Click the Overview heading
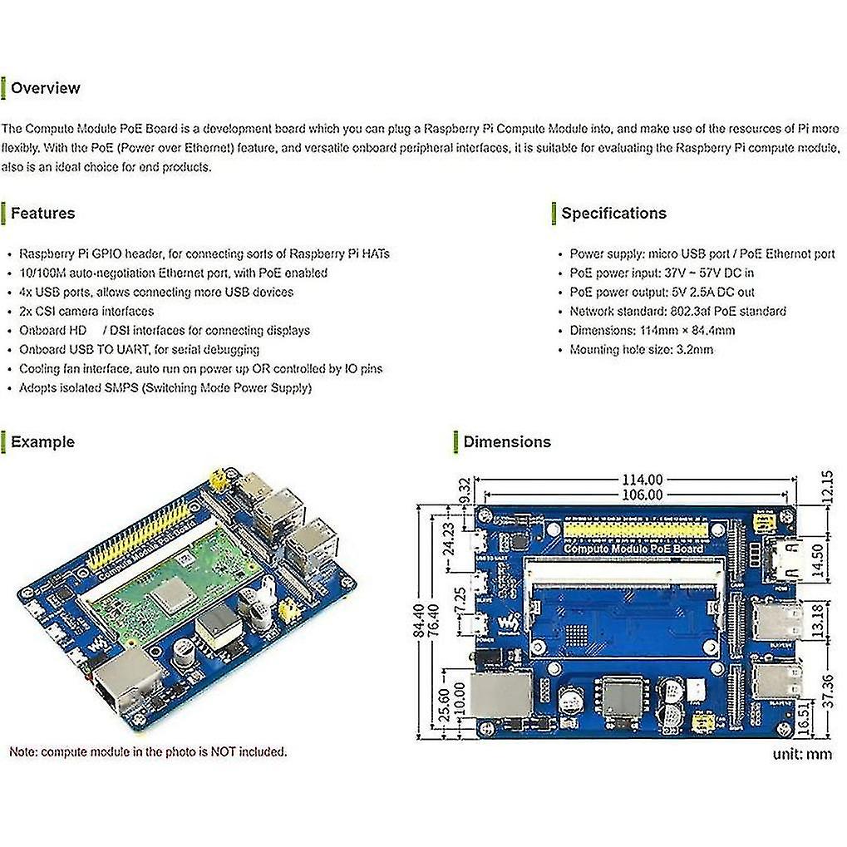(45, 88)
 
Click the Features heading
(42, 214)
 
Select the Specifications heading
(613, 214)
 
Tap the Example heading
(42, 442)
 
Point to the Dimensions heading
(507, 442)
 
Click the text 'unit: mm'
(802, 755)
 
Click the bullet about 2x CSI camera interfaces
(86, 312)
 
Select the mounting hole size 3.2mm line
(641, 350)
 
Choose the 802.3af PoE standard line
(677, 312)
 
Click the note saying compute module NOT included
(148, 752)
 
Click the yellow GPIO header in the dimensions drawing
(636, 529)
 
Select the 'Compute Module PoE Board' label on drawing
(633, 548)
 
